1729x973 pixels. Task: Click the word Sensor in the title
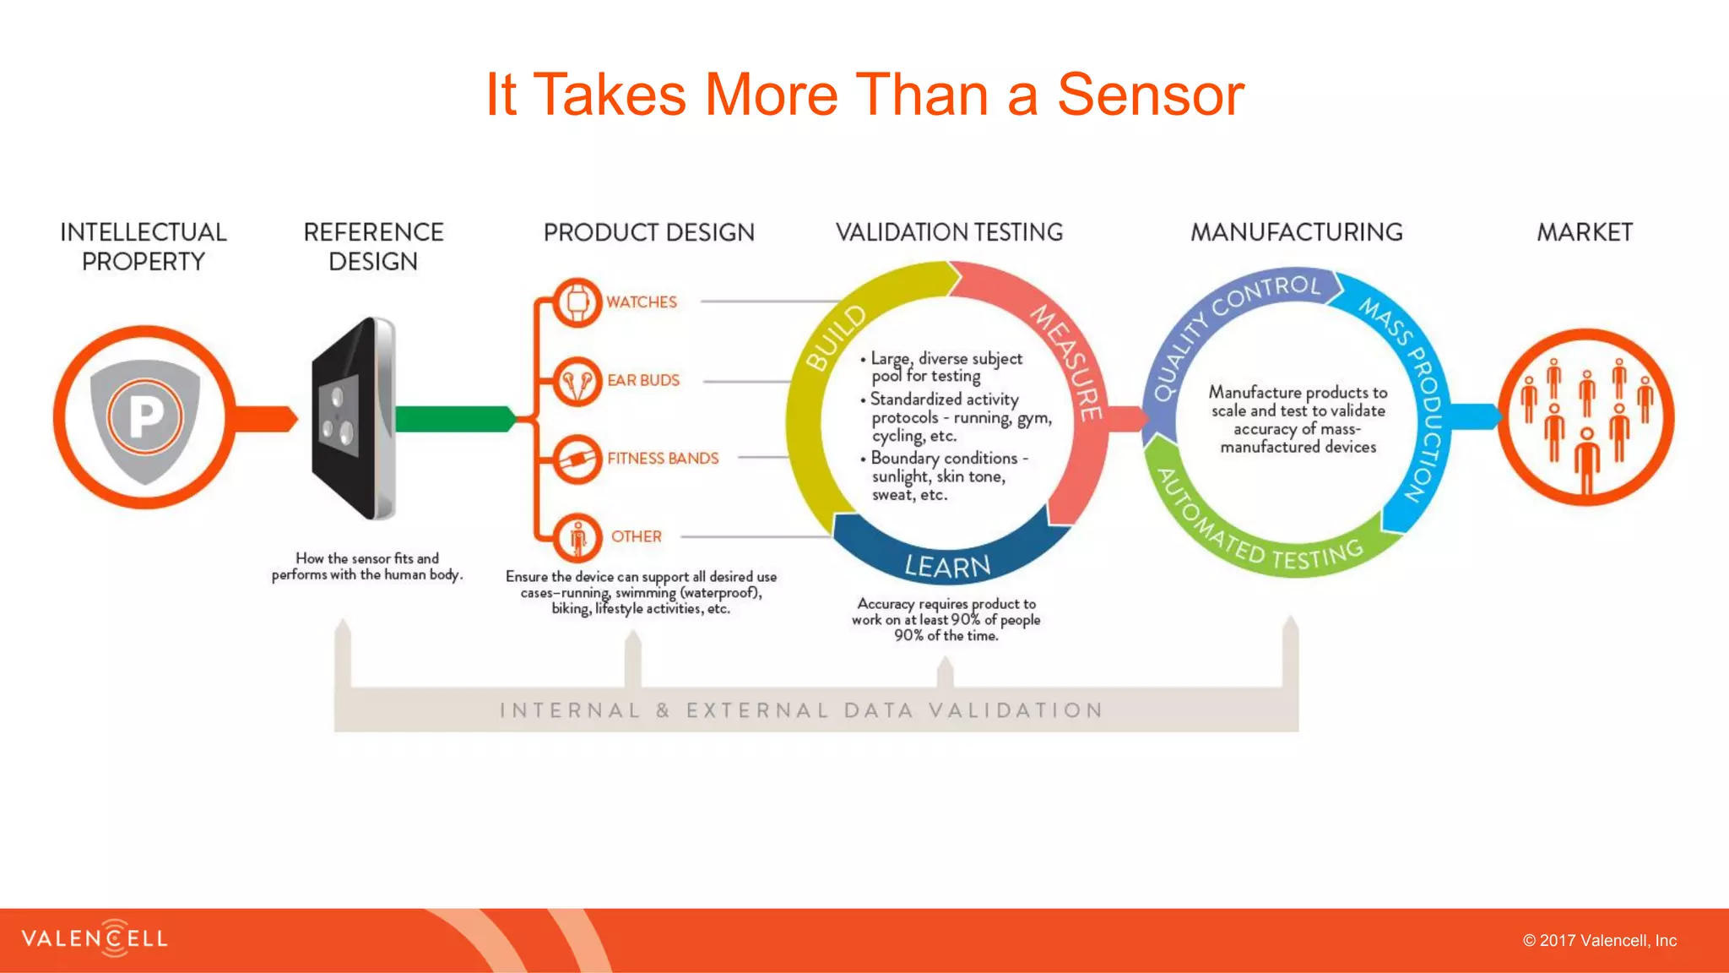pos(1150,95)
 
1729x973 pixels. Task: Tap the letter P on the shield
pos(145,417)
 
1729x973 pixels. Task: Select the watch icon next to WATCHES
pos(577,302)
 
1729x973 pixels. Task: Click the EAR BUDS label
pos(642,380)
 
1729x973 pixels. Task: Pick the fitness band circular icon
pos(577,459)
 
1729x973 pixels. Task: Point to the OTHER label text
pos(636,536)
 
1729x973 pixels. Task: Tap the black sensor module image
pos(350,418)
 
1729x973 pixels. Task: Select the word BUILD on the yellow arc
pos(836,338)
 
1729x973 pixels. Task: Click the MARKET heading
pos(1584,232)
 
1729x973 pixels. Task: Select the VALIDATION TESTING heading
pos(949,232)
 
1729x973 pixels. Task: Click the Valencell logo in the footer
pos(95,938)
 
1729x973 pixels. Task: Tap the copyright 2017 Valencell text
pos(1599,940)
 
